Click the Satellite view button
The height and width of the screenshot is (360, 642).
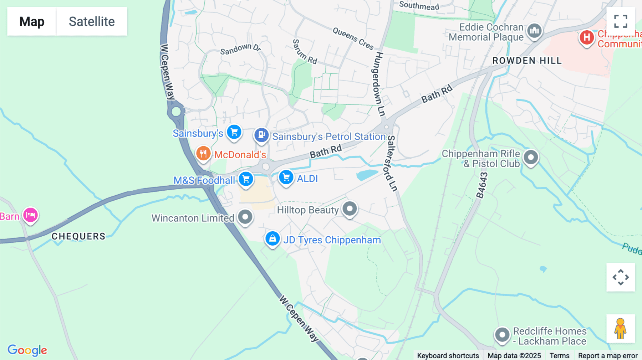[x=92, y=21]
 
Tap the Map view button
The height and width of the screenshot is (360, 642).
[x=32, y=21]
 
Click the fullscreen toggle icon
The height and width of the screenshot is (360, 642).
[x=621, y=21]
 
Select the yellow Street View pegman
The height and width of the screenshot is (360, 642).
[x=620, y=328]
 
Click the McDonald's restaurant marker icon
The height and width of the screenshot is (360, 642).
[x=203, y=154]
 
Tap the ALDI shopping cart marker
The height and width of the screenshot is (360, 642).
[x=286, y=177]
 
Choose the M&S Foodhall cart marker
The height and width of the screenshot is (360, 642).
[x=246, y=179]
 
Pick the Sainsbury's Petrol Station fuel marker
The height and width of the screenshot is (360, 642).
[x=261, y=135]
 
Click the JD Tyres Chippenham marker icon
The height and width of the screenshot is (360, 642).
[x=272, y=238]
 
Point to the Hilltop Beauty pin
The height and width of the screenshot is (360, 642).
[x=350, y=209]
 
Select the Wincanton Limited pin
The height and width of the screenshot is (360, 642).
[x=245, y=217]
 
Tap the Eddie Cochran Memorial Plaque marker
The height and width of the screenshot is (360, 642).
[x=534, y=31]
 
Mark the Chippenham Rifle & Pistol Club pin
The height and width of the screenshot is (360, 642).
[x=531, y=157]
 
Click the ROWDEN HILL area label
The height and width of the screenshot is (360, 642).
[x=527, y=61]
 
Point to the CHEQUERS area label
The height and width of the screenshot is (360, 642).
[x=78, y=236]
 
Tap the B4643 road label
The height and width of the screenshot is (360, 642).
[x=482, y=185]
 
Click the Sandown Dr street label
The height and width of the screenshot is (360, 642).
[x=240, y=49]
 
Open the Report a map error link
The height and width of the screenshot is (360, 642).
[x=608, y=355]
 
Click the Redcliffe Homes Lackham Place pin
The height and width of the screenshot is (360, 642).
[x=502, y=335]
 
